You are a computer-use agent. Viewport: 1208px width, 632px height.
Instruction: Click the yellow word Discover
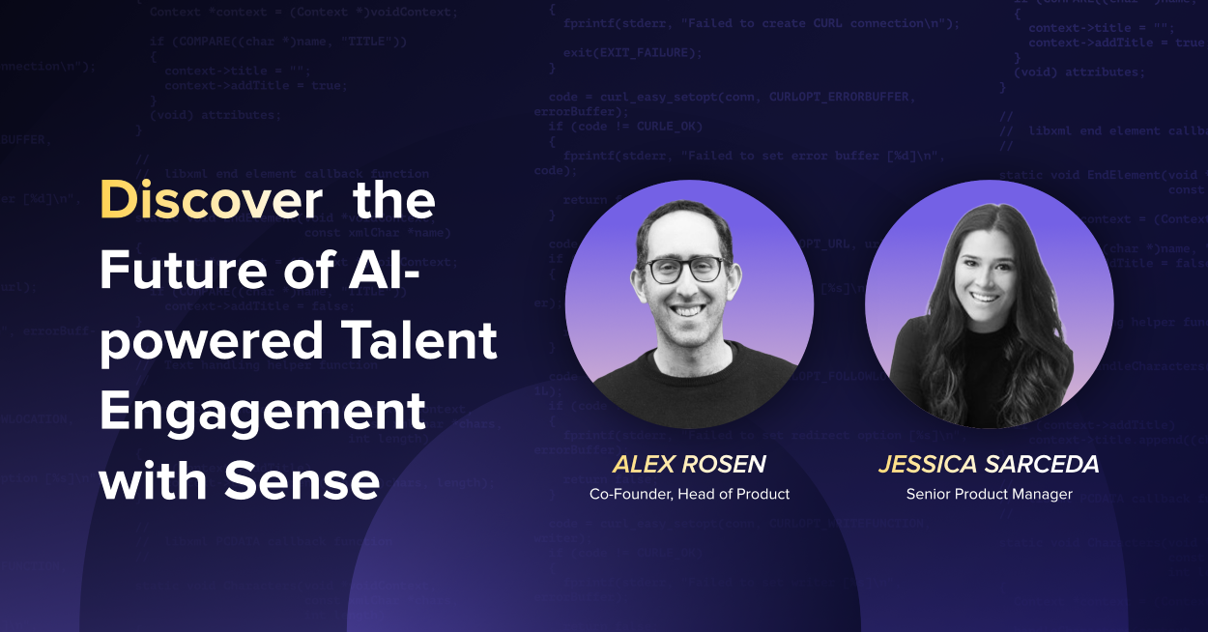(x=211, y=201)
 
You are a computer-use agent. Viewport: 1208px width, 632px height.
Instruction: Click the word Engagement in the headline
(x=262, y=411)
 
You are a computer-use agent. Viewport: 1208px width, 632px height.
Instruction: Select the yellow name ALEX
(x=644, y=465)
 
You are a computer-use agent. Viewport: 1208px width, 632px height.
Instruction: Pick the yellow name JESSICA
(x=928, y=465)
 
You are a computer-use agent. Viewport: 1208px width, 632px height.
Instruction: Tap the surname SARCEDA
(x=1042, y=465)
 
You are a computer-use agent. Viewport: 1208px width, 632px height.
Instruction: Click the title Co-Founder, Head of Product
(x=689, y=494)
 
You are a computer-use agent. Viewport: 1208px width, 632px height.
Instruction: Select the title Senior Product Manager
(x=989, y=494)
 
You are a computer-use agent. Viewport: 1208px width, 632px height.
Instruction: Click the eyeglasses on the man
(x=685, y=271)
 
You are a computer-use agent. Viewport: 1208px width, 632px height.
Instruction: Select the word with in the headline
(x=152, y=480)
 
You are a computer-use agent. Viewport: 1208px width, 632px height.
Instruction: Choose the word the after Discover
(x=394, y=201)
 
